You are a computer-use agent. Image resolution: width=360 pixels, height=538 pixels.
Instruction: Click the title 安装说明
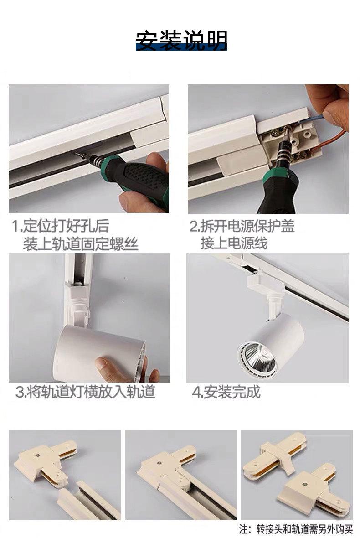click(x=181, y=41)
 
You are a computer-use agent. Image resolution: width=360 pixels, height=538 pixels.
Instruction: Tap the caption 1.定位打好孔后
click(x=60, y=226)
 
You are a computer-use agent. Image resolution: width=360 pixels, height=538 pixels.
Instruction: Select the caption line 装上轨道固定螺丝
click(x=81, y=244)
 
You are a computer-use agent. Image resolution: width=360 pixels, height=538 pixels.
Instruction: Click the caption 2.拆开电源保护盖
click(x=242, y=226)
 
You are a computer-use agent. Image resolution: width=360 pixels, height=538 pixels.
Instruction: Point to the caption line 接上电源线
click(x=234, y=243)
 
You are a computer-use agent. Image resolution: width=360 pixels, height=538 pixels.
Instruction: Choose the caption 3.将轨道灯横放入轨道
click(x=85, y=392)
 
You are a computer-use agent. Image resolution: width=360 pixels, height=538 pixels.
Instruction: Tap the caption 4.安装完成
click(x=226, y=392)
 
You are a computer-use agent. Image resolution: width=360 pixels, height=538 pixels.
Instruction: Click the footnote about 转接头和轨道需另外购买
click(x=296, y=529)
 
